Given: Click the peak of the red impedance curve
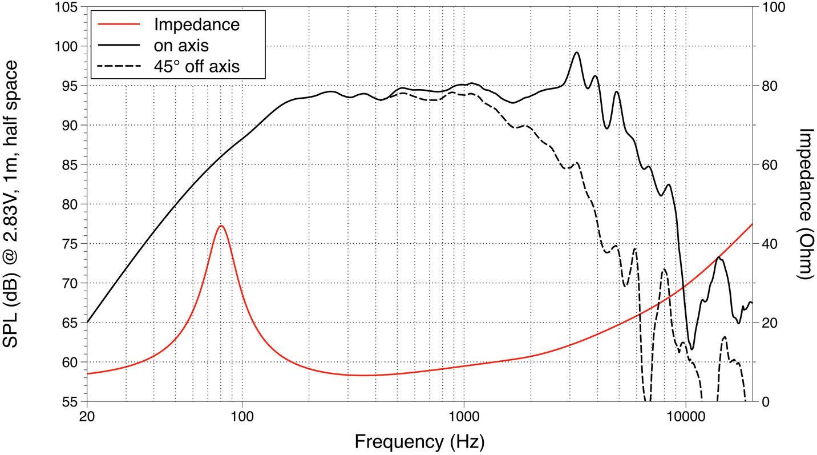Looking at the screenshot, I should (x=221, y=226).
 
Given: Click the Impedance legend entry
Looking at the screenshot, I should (x=196, y=25).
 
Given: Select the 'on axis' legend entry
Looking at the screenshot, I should (x=181, y=45).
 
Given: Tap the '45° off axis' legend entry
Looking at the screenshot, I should (x=196, y=66).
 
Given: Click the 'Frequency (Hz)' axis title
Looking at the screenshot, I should (x=419, y=441).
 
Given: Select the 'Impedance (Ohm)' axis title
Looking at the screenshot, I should (x=805, y=204).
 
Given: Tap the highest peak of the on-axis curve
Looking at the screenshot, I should (x=576, y=53).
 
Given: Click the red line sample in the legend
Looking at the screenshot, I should (x=118, y=25).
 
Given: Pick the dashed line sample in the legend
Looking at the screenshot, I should (x=118, y=66).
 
